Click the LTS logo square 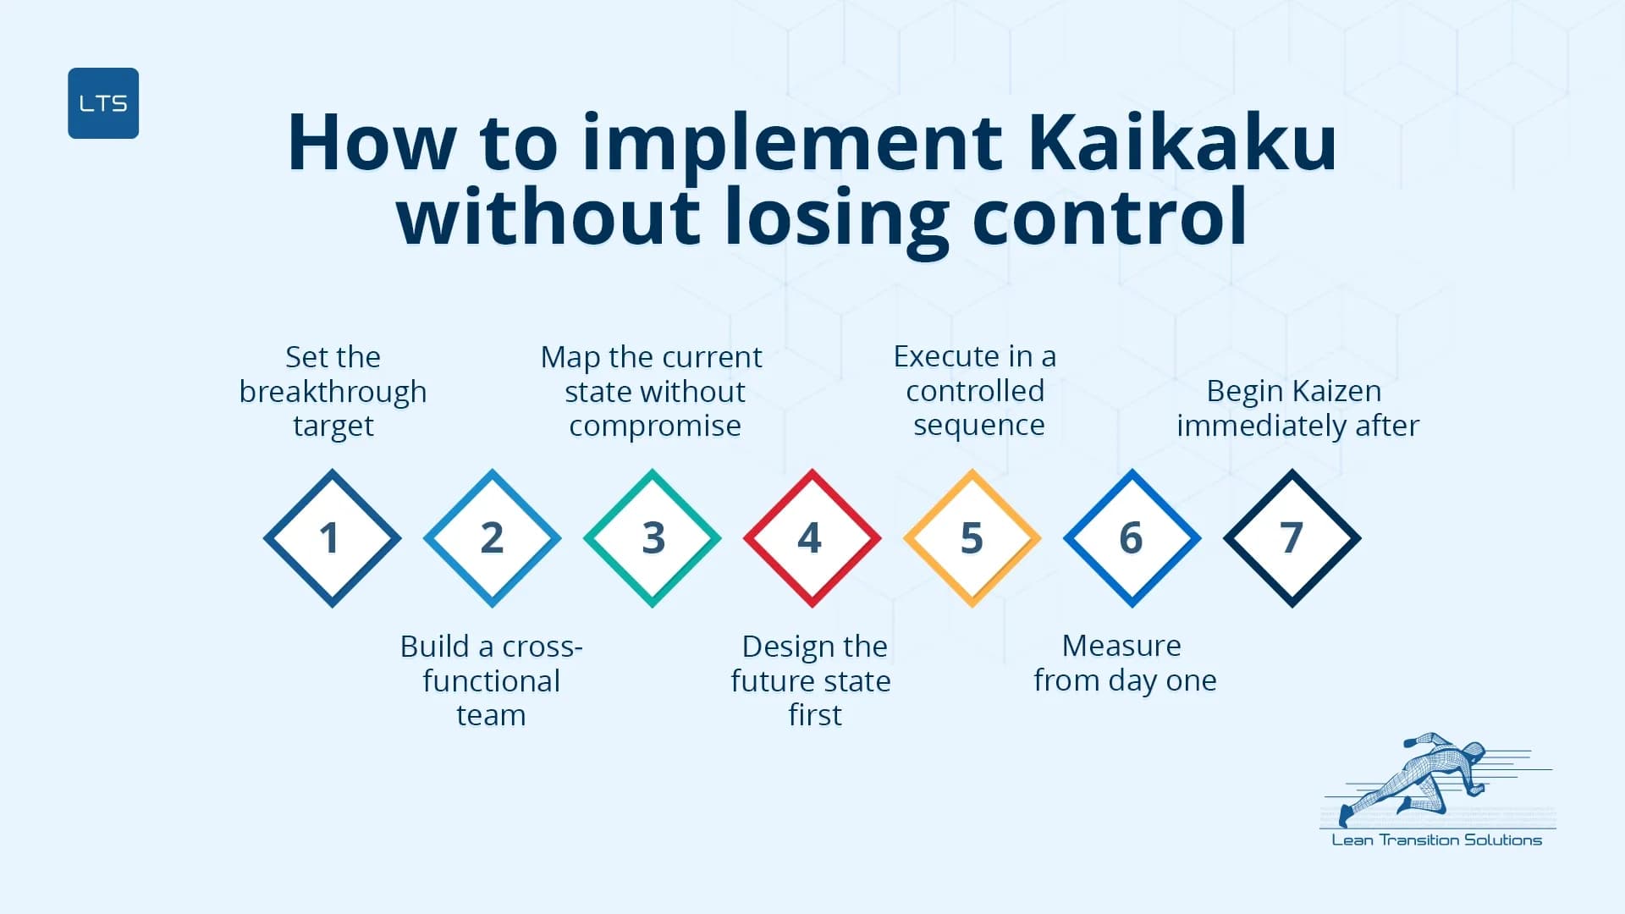[x=103, y=103]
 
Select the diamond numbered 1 [x=332, y=538]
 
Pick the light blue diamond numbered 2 [x=492, y=538]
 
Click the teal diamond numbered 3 [x=652, y=538]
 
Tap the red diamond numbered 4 [x=812, y=538]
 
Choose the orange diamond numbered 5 [x=972, y=538]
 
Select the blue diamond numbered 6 [x=1132, y=538]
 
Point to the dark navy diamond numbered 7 [x=1292, y=538]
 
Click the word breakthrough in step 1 [x=333, y=392]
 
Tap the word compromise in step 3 [x=654, y=426]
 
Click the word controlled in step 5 [x=975, y=391]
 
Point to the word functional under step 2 [x=491, y=681]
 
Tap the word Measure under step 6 [x=1121, y=646]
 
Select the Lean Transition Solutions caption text [x=1436, y=840]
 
